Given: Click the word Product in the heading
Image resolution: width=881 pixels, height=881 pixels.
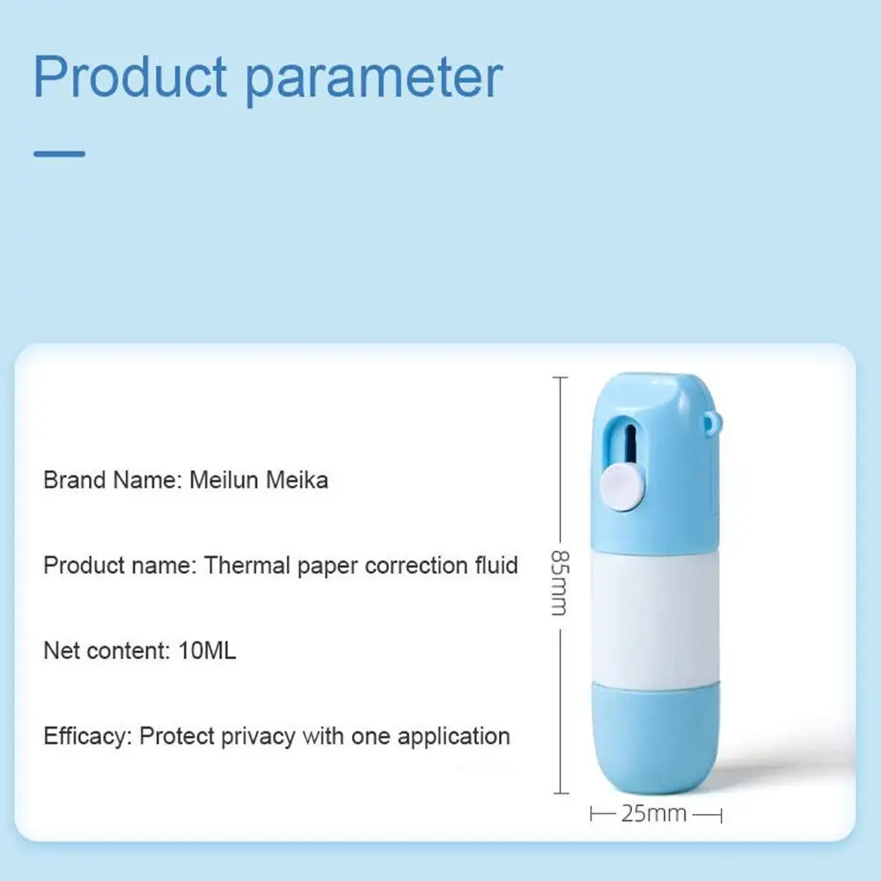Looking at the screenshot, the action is coord(130,77).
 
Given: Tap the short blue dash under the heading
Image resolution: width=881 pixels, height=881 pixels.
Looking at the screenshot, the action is coord(59,153).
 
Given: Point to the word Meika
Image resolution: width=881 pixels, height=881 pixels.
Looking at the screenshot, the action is coord(297,480).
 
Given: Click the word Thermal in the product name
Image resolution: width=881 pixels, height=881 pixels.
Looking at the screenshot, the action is coord(246,565).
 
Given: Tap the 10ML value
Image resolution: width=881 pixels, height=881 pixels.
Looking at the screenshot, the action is coord(207,650).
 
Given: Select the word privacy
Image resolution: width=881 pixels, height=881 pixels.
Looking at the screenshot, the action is coord(259,737).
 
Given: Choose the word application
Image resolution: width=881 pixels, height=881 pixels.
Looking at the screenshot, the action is coord(454,737).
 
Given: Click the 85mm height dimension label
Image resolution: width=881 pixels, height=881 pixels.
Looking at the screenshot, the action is coord(560,583).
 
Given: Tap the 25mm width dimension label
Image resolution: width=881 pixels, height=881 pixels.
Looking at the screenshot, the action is coord(654,813).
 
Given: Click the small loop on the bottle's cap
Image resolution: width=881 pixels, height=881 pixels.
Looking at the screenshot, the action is coord(712,422).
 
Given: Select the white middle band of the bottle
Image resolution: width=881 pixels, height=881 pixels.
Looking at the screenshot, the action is coord(655,618).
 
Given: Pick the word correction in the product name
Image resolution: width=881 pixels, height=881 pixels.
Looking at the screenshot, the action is coord(416,565).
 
